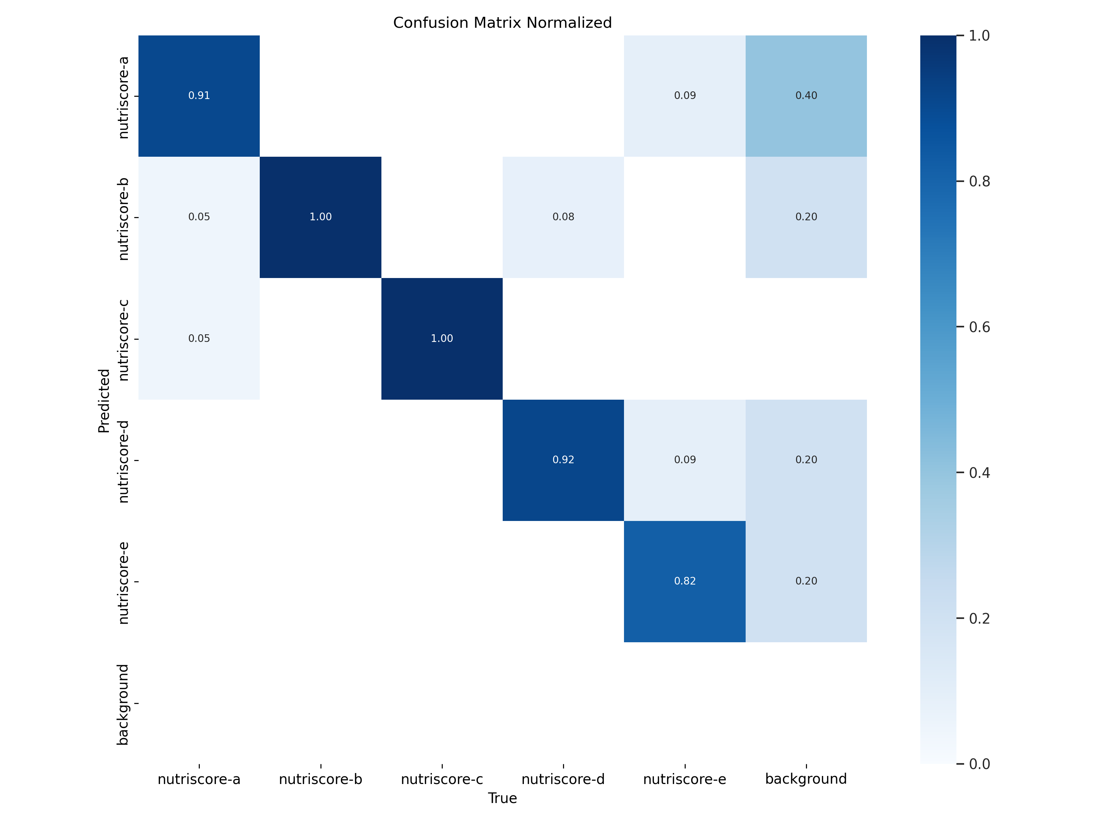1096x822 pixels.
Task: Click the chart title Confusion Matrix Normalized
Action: click(502, 23)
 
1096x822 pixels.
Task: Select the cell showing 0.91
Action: click(199, 96)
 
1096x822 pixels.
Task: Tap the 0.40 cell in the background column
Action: click(806, 96)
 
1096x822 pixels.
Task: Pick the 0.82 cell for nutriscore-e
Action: click(685, 581)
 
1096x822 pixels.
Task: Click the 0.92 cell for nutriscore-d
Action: click(563, 460)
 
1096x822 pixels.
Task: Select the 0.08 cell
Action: click(563, 217)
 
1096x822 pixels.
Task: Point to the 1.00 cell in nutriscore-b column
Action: click(320, 217)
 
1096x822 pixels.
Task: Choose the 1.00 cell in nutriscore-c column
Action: click(442, 338)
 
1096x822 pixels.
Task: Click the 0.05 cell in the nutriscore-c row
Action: click(199, 338)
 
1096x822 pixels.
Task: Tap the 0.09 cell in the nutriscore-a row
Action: click(685, 96)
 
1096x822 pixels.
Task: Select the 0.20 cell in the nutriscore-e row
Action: click(806, 581)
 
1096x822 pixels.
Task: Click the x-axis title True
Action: click(502, 798)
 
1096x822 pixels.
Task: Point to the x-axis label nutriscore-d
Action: click(563, 779)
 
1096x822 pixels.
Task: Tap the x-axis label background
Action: click(806, 779)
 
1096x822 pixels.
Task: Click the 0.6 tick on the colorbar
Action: click(979, 327)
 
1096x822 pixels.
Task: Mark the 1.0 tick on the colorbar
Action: click(979, 36)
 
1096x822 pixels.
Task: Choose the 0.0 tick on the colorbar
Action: click(979, 764)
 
